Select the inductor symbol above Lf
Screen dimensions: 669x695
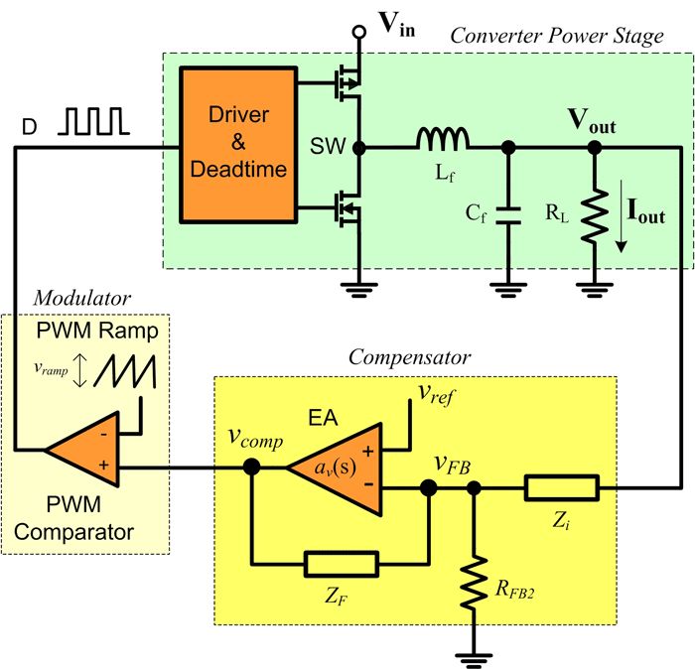tap(440, 139)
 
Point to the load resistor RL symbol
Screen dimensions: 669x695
tap(593, 213)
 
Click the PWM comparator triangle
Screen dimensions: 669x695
tap(83, 450)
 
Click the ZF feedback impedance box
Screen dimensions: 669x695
tap(341, 565)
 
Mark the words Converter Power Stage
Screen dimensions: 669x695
tap(556, 36)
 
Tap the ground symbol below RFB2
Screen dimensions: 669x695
tap(474, 656)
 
